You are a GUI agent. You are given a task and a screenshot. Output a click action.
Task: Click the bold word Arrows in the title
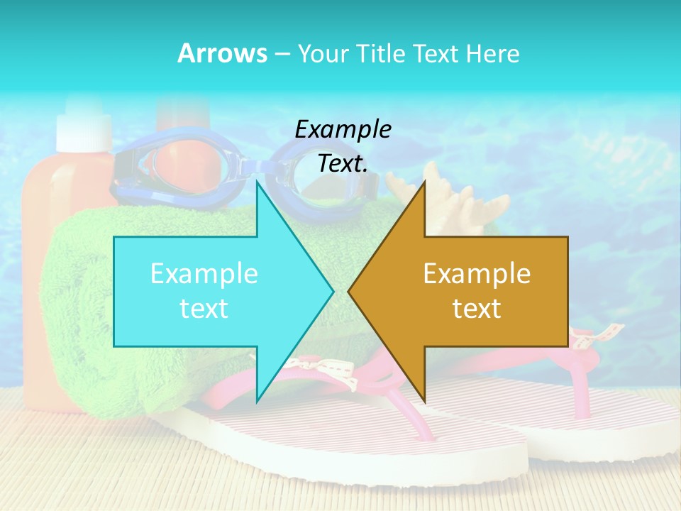[x=222, y=53]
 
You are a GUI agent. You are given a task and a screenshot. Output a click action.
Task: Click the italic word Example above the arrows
[x=343, y=129]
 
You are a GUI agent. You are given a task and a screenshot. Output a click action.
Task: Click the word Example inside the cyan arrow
[x=204, y=274]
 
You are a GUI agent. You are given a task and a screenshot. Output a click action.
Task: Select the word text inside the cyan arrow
[x=204, y=309]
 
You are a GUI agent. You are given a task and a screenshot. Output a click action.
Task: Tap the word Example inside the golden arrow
[x=477, y=274]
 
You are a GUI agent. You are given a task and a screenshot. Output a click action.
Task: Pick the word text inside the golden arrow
[x=477, y=309]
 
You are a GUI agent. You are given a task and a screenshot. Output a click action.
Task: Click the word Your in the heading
[x=323, y=53]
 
